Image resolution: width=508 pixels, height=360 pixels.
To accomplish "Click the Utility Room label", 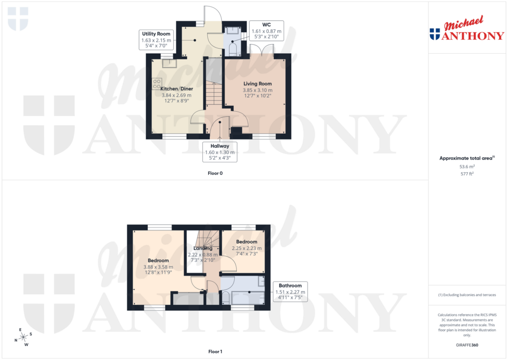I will tap(156, 34).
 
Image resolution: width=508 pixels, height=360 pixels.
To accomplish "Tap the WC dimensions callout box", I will tap(265, 30).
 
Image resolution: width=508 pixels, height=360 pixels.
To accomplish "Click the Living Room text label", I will tap(257, 83).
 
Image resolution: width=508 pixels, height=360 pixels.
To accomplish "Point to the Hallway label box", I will tap(220, 152).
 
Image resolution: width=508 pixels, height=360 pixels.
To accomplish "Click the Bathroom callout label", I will tap(290, 292).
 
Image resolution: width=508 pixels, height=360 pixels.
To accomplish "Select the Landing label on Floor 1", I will tap(203, 248).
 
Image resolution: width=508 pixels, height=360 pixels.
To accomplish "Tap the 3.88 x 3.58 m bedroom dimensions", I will tap(158, 267).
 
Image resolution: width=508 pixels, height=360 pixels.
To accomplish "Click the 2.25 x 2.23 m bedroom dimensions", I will tap(247, 248).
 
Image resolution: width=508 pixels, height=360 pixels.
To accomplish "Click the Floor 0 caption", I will tap(215, 174).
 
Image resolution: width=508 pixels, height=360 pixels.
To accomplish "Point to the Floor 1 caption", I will tap(215, 352).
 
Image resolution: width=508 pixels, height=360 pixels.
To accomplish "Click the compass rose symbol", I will tap(23, 337).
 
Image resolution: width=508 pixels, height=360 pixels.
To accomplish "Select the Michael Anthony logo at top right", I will tap(466, 29).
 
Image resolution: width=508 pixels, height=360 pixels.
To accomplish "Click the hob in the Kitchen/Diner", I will tap(157, 83).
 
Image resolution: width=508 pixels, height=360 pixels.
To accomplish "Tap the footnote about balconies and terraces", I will tap(467, 295).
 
